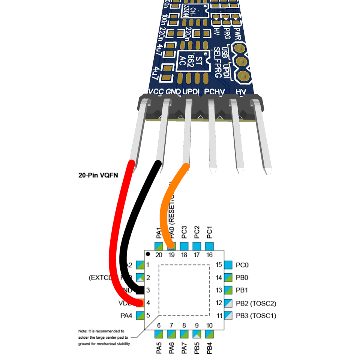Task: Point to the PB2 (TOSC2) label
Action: (256, 303)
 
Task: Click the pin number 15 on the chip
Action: (219, 265)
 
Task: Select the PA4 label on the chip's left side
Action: (126, 316)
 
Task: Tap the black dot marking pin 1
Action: (148, 254)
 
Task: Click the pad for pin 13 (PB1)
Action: (228, 290)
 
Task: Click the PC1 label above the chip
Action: (209, 232)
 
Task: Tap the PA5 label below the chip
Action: (159, 347)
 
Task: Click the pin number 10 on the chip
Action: (209, 325)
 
